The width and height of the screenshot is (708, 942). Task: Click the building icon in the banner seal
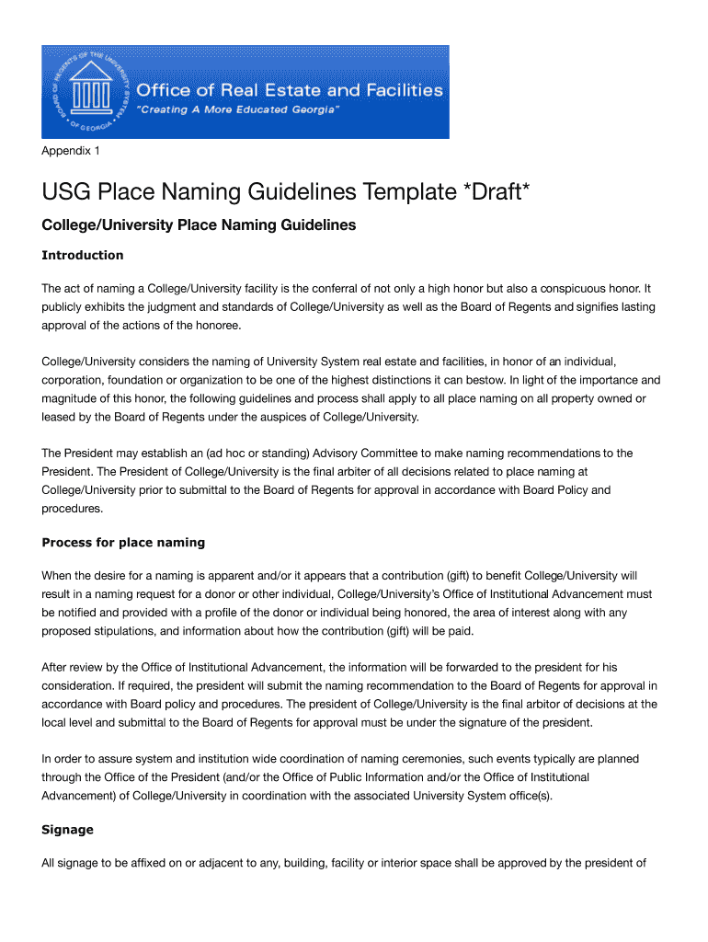tap(91, 92)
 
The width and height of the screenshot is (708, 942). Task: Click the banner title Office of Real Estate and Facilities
tap(290, 90)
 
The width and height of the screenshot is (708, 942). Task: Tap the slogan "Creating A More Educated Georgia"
tap(238, 109)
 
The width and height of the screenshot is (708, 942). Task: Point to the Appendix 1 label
tap(71, 150)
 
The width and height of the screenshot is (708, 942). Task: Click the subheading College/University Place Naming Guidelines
tap(199, 224)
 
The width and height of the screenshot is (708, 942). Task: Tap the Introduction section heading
tap(82, 255)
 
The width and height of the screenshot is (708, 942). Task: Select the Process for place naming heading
tap(123, 542)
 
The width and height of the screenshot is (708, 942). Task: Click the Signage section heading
tap(67, 829)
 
